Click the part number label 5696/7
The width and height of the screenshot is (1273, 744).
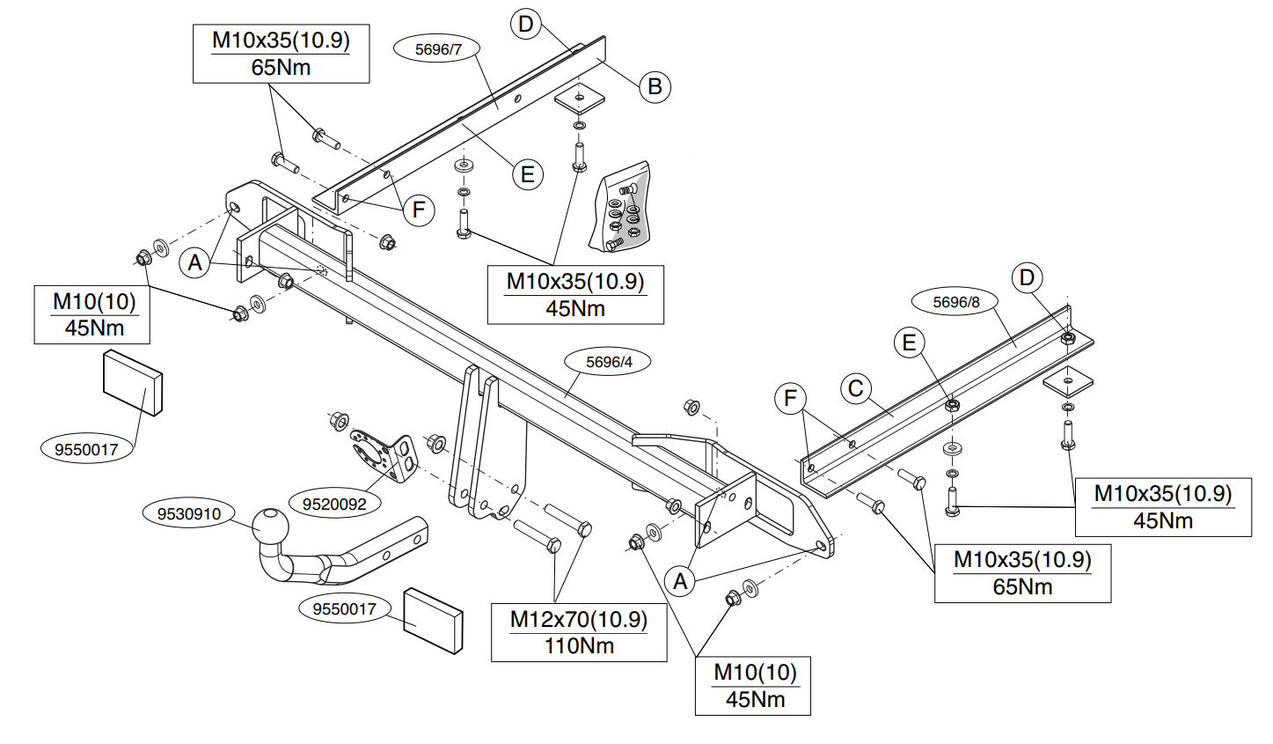(437, 49)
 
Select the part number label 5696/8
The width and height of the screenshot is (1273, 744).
(956, 302)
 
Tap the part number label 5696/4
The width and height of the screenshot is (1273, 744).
(609, 362)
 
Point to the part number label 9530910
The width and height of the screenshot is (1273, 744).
(188, 513)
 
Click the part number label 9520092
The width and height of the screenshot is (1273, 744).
(334, 504)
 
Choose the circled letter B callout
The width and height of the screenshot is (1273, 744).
(655, 87)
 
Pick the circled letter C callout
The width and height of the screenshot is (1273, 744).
(856, 389)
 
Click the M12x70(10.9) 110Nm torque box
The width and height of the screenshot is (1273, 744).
(579, 632)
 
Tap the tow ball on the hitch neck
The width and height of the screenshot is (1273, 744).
(270, 527)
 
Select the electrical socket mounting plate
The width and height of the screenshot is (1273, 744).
(384, 456)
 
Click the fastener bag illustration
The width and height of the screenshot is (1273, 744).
(620, 207)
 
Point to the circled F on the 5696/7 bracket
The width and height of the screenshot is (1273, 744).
(419, 210)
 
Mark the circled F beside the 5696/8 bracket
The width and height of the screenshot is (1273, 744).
(790, 398)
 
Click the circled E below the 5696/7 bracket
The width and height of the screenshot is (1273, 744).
(527, 174)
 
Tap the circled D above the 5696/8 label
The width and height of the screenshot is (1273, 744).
(1027, 278)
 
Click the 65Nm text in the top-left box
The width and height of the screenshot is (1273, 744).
(281, 68)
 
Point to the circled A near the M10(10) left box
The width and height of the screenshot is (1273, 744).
(195, 263)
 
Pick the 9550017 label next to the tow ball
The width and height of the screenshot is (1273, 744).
(344, 609)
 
